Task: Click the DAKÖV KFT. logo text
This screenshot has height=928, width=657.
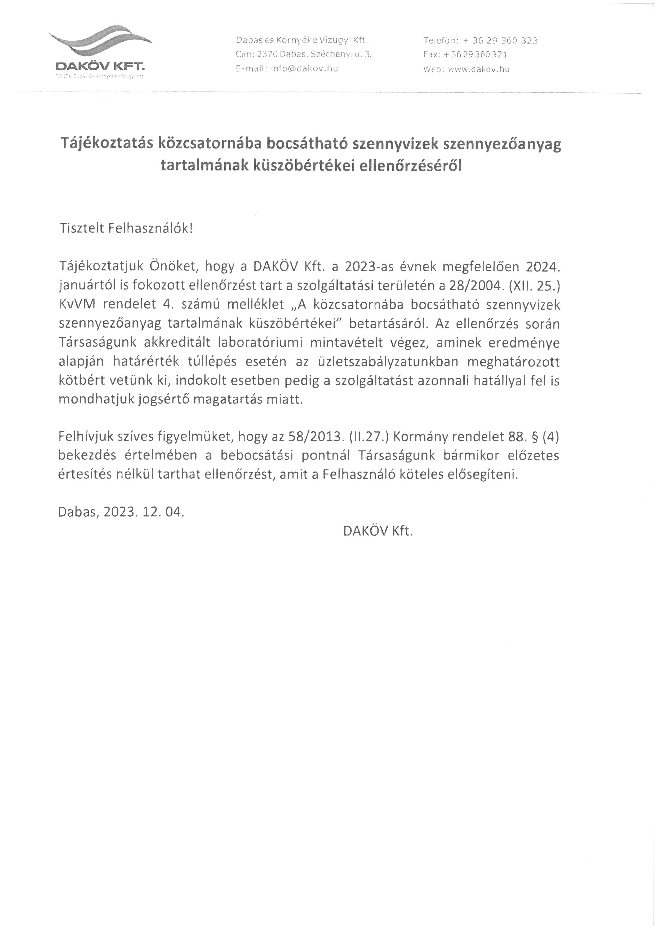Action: point(100,66)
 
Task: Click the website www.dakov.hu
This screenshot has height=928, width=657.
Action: point(479,69)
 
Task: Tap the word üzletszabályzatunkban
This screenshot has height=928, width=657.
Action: point(388,361)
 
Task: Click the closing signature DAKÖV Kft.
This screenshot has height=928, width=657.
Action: point(378,531)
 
